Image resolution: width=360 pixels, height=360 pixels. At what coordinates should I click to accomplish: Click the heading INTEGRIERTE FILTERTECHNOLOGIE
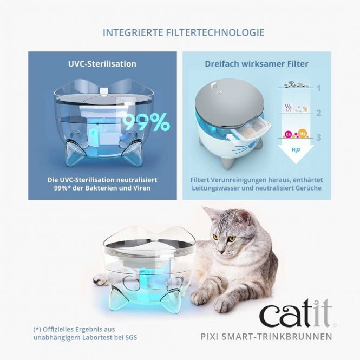[x=184, y=32]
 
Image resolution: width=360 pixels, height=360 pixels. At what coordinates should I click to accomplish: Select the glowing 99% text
[x=146, y=123]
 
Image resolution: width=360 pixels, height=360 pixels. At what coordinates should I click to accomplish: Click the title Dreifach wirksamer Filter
[x=257, y=64]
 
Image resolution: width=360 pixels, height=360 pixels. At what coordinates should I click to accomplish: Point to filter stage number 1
[x=319, y=88]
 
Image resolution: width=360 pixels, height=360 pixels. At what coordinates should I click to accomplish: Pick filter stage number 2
[x=319, y=113]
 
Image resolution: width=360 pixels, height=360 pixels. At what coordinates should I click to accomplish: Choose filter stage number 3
[x=319, y=138]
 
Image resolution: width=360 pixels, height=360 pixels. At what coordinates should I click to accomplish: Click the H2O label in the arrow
[x=296, y=149]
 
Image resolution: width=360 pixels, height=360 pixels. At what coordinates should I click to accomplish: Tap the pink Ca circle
[x=288, y=134]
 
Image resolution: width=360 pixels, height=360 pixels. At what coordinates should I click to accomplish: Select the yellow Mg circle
[x=303, y=134]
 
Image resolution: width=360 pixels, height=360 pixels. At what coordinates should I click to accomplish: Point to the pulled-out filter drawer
[x=259, y=129]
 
